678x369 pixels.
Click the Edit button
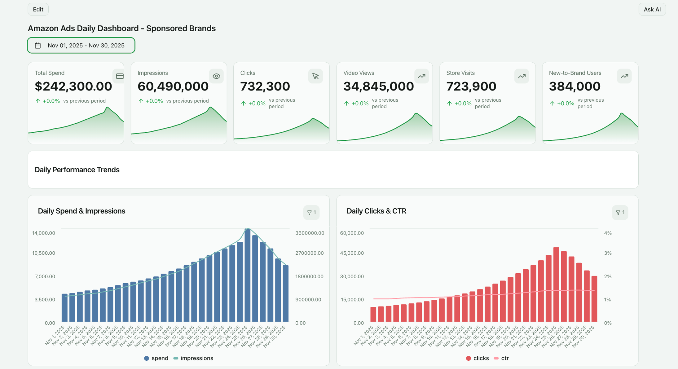[38, 9]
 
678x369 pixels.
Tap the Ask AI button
[652, 9]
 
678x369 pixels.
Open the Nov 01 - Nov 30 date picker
[81, 45]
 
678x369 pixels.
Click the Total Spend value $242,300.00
[73, 86]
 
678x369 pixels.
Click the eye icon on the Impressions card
[216, 76]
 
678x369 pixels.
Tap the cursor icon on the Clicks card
[315, 76]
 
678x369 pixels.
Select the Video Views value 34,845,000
[378, 86]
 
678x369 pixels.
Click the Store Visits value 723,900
[471, 86]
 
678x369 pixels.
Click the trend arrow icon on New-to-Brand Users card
[624, 76]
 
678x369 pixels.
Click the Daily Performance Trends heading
[77, 170]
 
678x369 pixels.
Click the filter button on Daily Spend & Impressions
[311, 212]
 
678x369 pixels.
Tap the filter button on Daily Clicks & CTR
[620, 212]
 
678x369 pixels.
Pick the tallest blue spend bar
[247, 275]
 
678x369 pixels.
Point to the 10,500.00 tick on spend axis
[43, 253]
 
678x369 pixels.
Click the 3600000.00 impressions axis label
[310, 233]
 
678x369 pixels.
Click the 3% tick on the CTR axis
[607, 253]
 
